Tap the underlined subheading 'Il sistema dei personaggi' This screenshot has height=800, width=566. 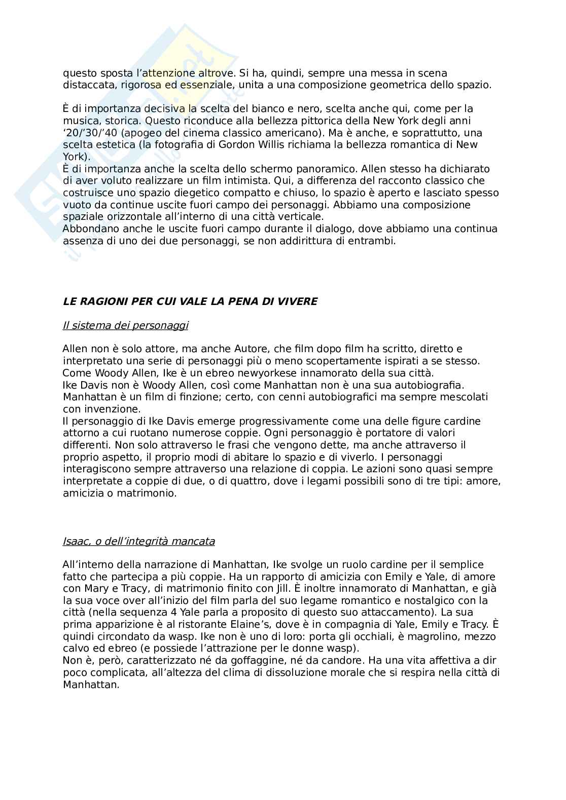[x=125, y=325]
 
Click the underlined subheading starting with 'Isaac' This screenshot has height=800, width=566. [x=138, y=541]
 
